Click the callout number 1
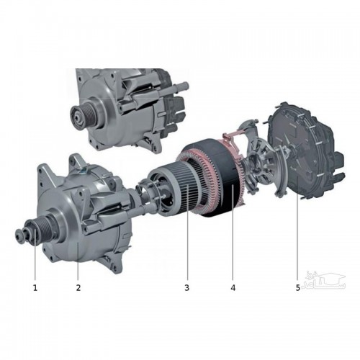pos(35,287)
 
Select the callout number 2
pos(78,287)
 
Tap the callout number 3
pos(187,287)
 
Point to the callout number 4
pos(233,287)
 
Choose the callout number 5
pos(298,287)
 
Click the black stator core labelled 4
pos(223,178)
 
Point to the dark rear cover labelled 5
pos(302,151)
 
